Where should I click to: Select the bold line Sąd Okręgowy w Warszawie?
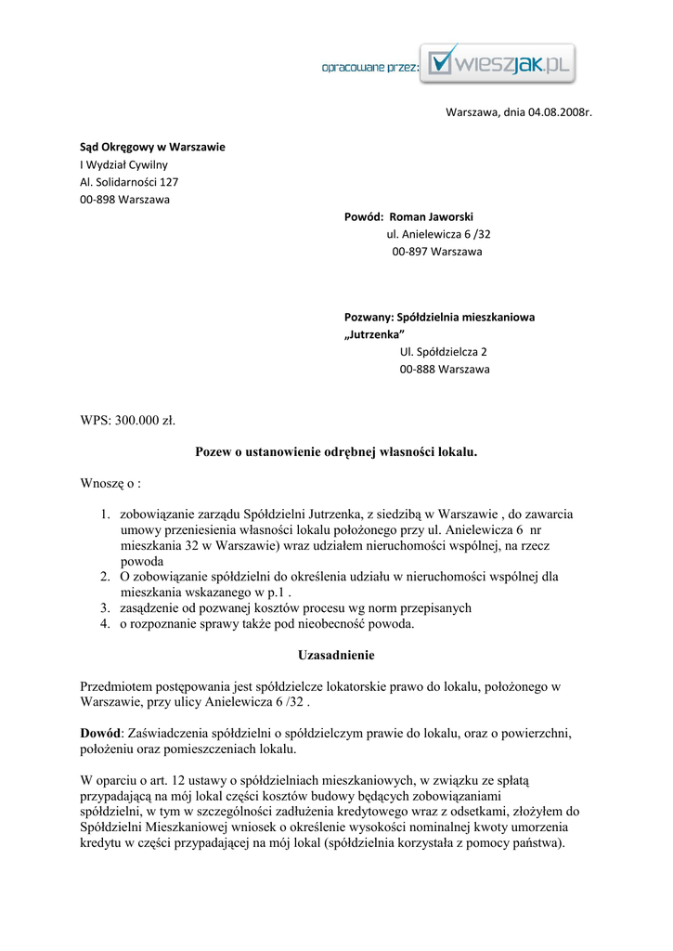(152, 147)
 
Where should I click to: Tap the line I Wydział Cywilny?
(123, 164)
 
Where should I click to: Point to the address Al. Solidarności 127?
(129, 182)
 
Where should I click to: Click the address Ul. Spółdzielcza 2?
(443, 352)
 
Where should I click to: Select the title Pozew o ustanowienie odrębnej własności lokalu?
(336, 452)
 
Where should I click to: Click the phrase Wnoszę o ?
(110, 484)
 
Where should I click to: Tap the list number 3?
(107, 607)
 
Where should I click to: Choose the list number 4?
(107, 624)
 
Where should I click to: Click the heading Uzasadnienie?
(336, 656)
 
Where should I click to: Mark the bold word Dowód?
(101, 734)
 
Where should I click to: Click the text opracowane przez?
(370, 67)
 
